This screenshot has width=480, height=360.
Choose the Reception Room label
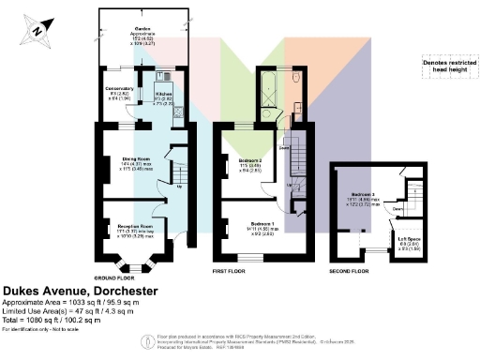click(x=134, y=225)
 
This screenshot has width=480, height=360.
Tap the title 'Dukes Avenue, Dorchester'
click(x=82, y=292)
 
